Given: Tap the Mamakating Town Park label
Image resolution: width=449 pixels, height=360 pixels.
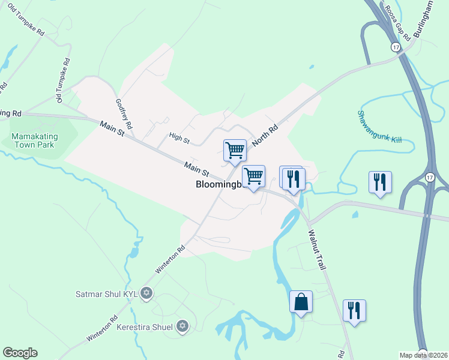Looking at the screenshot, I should [34, 140].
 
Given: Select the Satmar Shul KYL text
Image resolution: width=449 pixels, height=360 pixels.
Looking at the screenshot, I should [106, 294].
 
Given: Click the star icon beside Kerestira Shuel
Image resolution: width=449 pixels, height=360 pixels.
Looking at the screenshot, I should [182, 326].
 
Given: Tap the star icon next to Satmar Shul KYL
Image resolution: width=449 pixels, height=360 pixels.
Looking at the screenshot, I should [146, 294].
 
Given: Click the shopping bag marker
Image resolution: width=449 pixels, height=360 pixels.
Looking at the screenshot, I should [301, 302].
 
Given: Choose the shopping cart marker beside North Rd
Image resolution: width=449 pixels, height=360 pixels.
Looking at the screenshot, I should [235, 149].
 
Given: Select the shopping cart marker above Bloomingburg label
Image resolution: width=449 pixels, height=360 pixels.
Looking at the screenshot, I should [254, 176].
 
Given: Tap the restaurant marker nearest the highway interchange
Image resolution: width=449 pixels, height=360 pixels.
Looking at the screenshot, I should [380, 182].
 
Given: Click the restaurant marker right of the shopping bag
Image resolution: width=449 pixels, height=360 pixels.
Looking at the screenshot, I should [354, 310].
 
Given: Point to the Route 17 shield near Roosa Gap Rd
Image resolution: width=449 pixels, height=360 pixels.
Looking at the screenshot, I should [395, 46].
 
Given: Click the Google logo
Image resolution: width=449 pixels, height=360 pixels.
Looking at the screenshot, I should [20, 353].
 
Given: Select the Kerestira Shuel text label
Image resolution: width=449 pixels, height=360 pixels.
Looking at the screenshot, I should [145, 327].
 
